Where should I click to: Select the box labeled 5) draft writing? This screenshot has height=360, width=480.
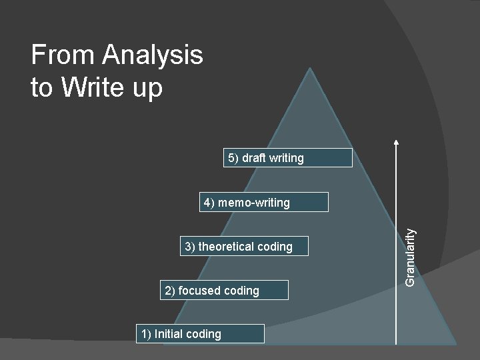(x=287, y=158)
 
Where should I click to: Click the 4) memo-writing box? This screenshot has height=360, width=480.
(x=265, y=202)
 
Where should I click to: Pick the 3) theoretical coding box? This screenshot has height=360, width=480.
(x=245, y=247)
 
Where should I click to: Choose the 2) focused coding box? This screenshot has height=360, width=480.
(x=225, y=290)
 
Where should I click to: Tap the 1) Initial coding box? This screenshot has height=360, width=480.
(x=200, y=334)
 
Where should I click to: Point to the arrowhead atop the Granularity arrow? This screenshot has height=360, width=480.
(x=397, y=141)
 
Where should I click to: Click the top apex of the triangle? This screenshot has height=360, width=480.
(x=309, y=69)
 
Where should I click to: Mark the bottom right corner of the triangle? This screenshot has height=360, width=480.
(x=455, y=343)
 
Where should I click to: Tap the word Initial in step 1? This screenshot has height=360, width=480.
(x=169, y=334)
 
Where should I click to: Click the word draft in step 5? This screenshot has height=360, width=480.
(x=253, y=158)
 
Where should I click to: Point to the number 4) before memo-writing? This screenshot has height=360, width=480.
(x=209, y=203)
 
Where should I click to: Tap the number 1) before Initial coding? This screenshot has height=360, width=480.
(x=146, y=334)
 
